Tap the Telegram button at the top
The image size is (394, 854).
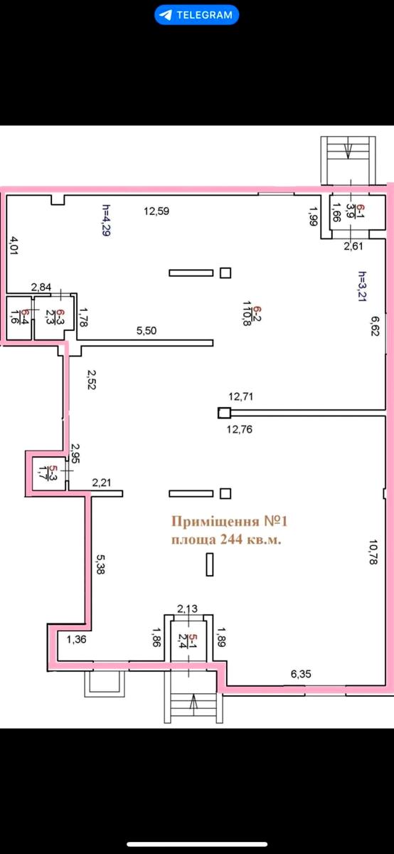(x=196, y=15)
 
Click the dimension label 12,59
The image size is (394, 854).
(x=156, y=211)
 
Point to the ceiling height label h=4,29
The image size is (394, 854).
(x=106, y=221)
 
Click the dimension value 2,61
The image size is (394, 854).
(x=353, y=246)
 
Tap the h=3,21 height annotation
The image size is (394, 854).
(x=362, y=286)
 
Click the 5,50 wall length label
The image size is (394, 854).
(x=147, y=330)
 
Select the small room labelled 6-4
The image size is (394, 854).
(x=19, y=317)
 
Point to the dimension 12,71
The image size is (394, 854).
(x=241, y=396)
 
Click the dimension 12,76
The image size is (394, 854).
(x=239, y=429)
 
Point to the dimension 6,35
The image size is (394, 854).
(x=301, y=674)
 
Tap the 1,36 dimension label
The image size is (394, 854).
(x=77, y=639)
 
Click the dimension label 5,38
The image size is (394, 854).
(x=100, y=564)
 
